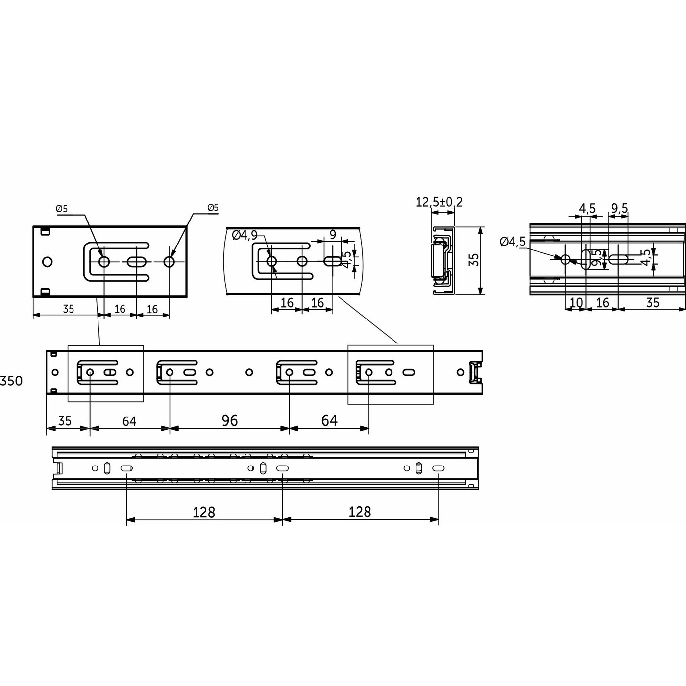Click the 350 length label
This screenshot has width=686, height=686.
pos(11,381)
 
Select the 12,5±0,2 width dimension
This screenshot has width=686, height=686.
pos(439,202)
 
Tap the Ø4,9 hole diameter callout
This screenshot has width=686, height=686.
pos(245,235)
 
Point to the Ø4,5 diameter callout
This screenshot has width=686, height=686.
pos(513,242)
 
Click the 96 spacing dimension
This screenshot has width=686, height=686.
pos(229,420)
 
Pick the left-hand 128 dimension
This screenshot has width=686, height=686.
pos(204,512)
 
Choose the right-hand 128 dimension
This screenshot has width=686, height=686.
pos(360,512)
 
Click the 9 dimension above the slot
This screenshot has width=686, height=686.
pos(333,235)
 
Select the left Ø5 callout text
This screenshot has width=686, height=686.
pos(62,209)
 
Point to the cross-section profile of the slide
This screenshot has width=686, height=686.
pos(442,260)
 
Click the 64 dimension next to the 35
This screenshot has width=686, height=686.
pos(129,421)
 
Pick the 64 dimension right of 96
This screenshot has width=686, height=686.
pos(329,420)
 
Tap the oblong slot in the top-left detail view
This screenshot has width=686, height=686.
pos(137,262)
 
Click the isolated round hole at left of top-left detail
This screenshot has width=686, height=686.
pos(47,262)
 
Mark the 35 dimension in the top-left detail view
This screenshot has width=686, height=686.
pos(68,309)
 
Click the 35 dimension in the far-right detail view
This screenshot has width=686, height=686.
pos(652,303)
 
